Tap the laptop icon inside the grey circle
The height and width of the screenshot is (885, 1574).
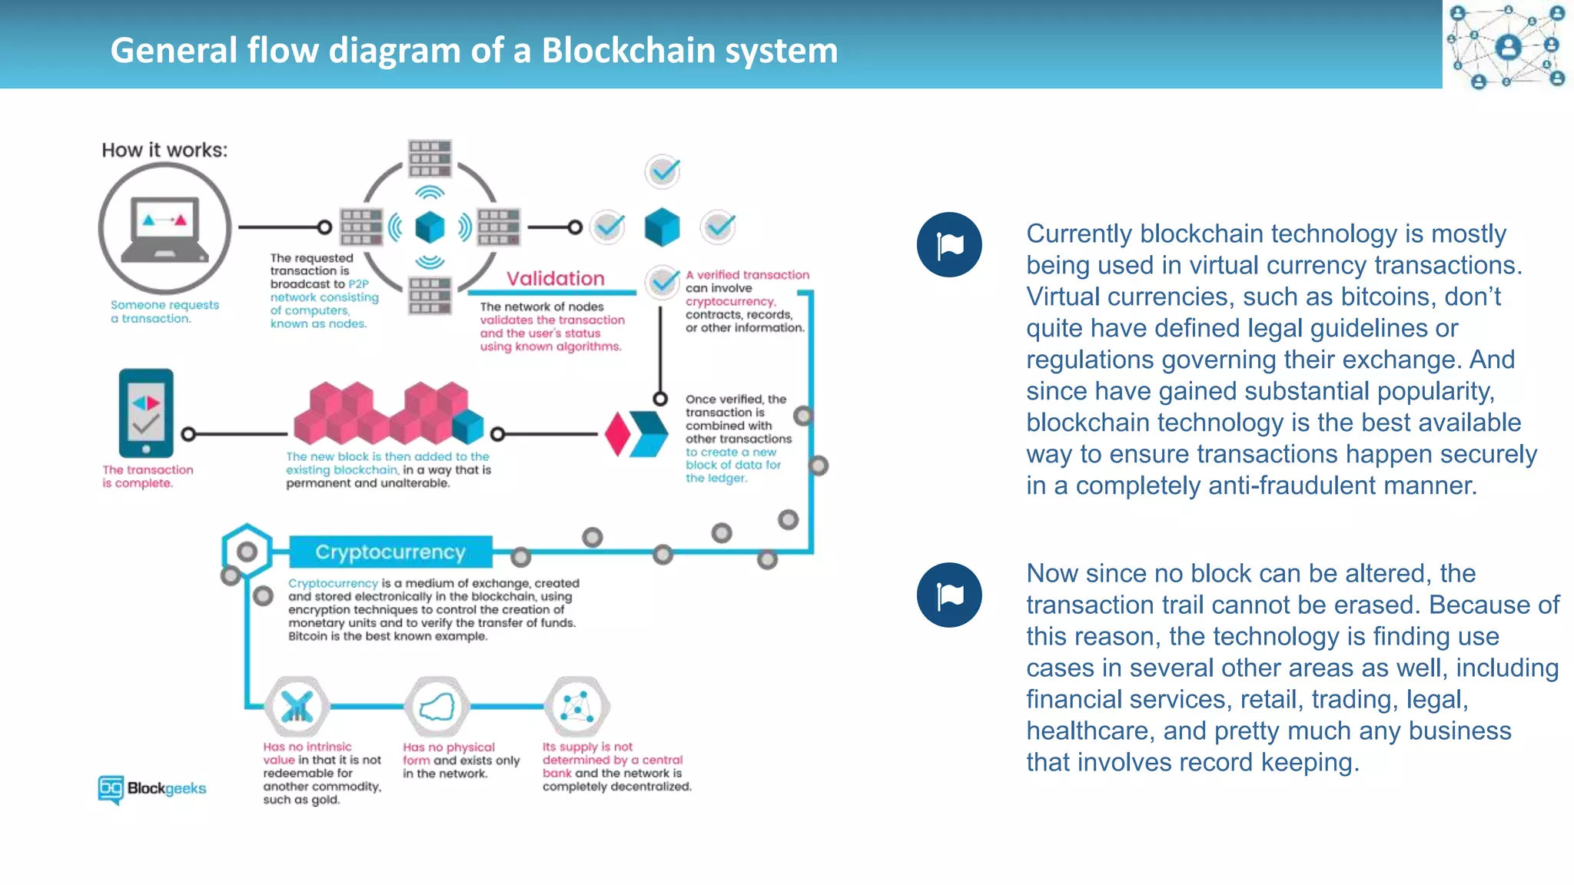click(x=165, y=229)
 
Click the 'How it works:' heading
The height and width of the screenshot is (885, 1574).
click(x=164, y=150)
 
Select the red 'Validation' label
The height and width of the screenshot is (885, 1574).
click(x=555, y=278)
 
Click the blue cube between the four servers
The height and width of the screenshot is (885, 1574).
click(x=430, y=227)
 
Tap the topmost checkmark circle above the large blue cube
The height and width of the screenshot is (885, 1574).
click(x=662, y=171)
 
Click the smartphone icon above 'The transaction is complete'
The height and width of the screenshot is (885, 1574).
click(x=146, y=413)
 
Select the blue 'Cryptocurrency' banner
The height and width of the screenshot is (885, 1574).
click(x=390, y=552)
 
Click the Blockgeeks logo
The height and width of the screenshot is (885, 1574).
click(x=152, y=788)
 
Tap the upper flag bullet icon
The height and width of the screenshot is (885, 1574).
click(x=949, y=245)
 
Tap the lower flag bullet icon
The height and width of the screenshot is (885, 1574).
click(x=949, y=595)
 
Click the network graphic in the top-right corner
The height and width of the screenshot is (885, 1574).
click(x=1507, y=45)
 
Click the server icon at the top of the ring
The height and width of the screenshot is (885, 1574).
click(x=430, y=159)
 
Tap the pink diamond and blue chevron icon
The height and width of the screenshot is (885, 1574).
click(x=636, y=434)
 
